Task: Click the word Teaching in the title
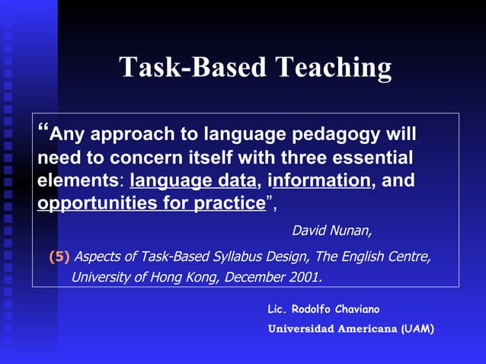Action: click(x=333, y=68)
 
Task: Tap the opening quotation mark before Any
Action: click(x=43, y=130)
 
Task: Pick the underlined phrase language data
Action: click(x=193, y=182)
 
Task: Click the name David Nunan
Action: click(x=332, y=230)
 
